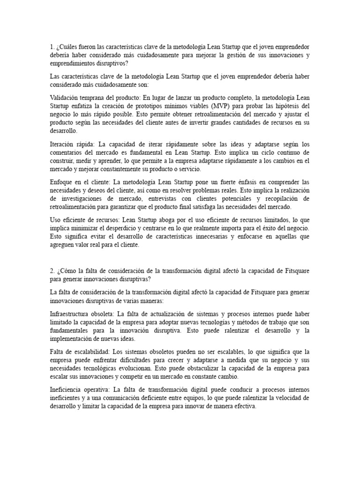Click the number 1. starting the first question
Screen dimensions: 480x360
(52, 47)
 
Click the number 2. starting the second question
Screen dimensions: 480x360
(52, 271)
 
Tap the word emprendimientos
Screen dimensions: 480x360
(77, 64)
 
